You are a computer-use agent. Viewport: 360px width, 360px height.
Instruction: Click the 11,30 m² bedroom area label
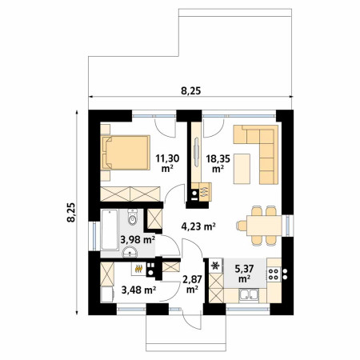click(167, 163)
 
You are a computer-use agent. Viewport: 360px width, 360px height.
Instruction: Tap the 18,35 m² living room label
click(218, 163)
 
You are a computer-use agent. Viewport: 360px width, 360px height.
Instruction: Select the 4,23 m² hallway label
click(198, 226)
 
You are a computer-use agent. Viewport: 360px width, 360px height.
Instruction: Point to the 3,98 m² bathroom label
click(138, 240)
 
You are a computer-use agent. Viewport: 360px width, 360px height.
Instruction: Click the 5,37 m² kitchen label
click(244, 274)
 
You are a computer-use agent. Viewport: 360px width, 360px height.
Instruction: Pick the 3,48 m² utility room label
click(138, 290)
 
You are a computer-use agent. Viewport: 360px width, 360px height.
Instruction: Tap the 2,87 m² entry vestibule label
click(192, 284)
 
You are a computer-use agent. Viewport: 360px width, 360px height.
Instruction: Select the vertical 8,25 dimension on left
click(71, 213)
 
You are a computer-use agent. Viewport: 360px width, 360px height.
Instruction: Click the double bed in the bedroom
click(126, 153)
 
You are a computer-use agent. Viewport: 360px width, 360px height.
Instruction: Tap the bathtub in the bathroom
click(110, 230)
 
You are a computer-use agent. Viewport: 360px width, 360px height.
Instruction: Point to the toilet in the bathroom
click(132, 217)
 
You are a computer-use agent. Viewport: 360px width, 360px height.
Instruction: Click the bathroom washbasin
click(130, 252)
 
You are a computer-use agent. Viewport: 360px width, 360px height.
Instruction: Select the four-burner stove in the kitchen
click(274, 274)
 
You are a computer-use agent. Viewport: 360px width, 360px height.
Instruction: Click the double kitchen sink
click(249, 295)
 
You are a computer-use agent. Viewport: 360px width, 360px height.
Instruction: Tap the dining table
click(264, 226)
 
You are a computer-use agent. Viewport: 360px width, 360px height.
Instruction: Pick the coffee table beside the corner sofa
click(242, 169)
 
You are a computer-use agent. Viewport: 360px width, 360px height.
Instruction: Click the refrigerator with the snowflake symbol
click(216, 266)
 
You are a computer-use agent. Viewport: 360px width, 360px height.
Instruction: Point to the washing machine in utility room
click(107, 294)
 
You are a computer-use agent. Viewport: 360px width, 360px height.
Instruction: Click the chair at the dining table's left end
click(242, 226)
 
